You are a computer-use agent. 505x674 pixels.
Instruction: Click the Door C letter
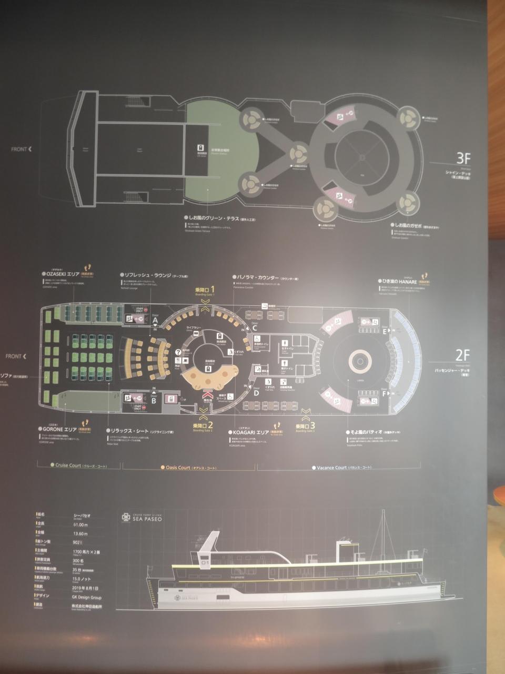[254, 328]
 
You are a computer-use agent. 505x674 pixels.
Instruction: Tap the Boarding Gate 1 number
[213, 290]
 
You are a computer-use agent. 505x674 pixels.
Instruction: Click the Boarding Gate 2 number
[210, 424]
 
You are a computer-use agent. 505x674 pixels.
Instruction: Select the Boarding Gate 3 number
[312, 426]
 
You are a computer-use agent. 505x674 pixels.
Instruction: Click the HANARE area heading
[402, 281]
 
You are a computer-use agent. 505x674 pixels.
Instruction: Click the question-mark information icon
[178, 353]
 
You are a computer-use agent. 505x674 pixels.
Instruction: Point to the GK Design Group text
[88, 598]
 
